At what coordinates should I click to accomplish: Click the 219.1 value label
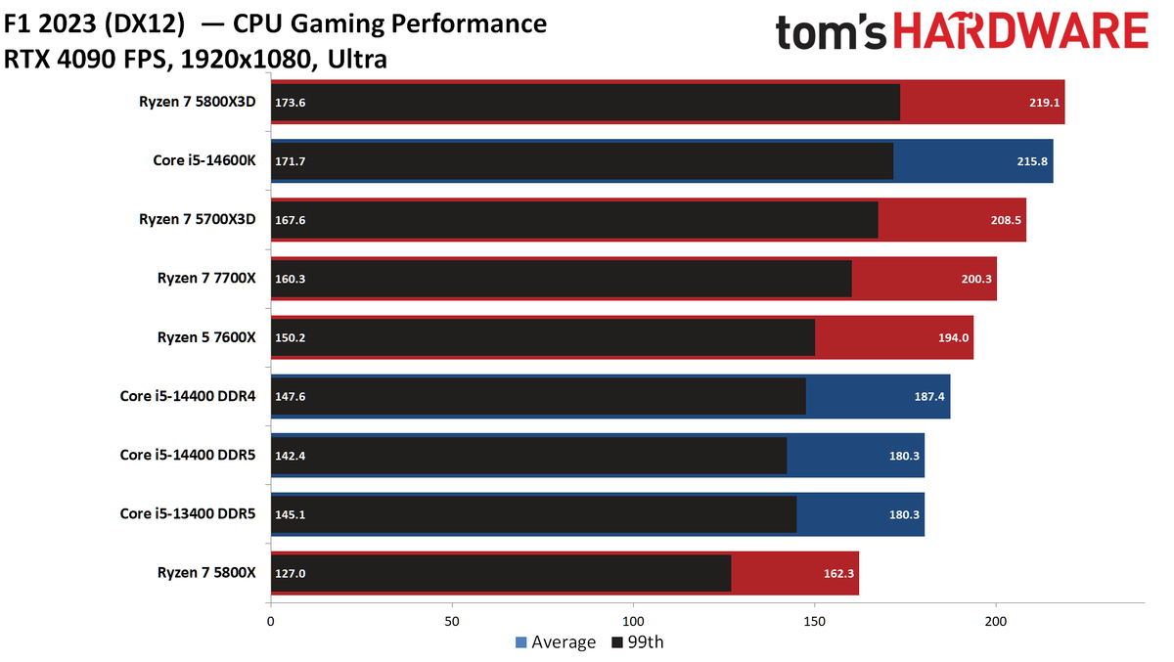tap(1044, 103)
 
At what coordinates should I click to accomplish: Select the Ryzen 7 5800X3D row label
tap(197, 102)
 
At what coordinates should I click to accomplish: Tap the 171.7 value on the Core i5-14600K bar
tap(291, 161)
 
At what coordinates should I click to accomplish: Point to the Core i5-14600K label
tap(204, 160)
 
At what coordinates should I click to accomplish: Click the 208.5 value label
tap(1006, 220)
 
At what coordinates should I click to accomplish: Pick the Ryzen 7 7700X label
tap(206, 278)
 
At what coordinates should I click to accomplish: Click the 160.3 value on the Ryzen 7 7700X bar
tap(291, 279)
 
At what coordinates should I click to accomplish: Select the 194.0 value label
tap(953, 337)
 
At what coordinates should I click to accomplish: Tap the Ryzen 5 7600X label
tap(206, 337)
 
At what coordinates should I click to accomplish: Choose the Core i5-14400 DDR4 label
tap(188, 396)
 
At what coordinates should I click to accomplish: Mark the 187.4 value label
tap(929, 396)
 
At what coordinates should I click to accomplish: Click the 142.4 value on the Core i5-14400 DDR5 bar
tap(291, 456)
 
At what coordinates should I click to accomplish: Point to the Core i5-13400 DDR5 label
tap(188, 513)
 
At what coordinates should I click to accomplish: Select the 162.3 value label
tap(839, 573)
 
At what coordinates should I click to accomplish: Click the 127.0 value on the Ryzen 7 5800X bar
tap(291, 573)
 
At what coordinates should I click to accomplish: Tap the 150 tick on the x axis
tap(814, 622)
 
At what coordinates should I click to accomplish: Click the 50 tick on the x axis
tap(452, 622)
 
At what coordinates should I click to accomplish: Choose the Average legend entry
tap(556, 642)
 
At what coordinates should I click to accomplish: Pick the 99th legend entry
tap(638, 642)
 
